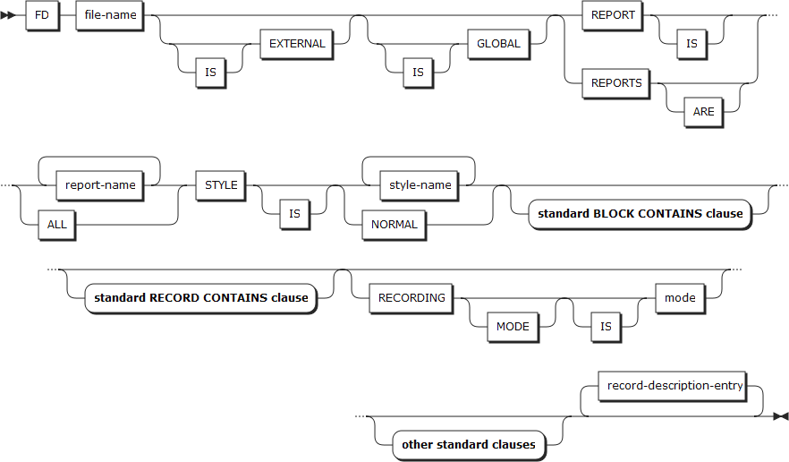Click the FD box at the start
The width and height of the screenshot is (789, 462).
(42, 15)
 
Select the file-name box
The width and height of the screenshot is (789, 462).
(110, 15)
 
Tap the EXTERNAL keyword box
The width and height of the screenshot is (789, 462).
(297, 44)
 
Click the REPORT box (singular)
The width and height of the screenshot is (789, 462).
(613, 15)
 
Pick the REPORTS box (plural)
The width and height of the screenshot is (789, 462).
(616, 83)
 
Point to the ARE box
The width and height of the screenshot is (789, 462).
(702, 112)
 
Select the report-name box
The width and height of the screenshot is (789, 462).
(101, 185)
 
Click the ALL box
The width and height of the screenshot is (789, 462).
(56, 225)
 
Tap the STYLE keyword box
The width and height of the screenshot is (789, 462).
(221, 185)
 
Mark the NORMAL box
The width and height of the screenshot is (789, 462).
(394, 225)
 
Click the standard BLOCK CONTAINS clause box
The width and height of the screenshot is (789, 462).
(640, 214)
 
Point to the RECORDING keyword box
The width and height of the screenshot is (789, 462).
(411, 298)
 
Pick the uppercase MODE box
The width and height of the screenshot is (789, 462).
(513, 327)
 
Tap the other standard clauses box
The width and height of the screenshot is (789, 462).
(468, 444)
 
